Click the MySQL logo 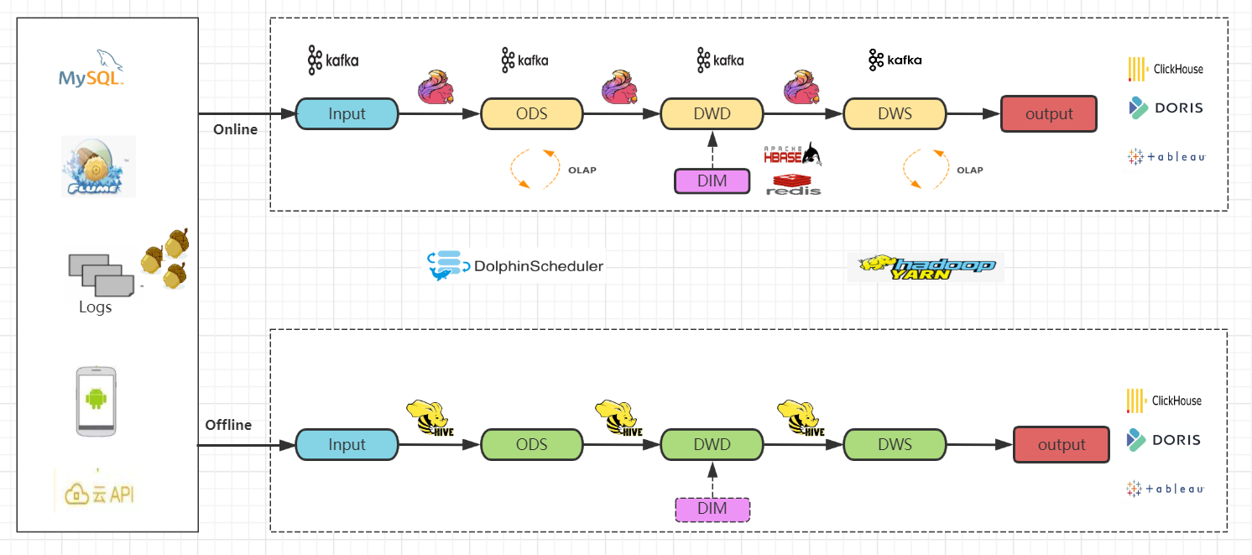91,69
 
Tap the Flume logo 98,167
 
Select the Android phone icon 97,401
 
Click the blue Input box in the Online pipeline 347,113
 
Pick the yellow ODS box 531,113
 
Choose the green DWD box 712,445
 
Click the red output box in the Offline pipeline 1062,445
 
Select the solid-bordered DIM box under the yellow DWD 712,181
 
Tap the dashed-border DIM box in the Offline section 712,509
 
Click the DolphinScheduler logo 515,265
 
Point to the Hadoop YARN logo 926,267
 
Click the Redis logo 793,185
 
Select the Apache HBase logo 792,154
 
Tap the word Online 235,129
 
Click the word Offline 228,425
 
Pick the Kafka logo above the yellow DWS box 895,60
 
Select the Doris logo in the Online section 1166,107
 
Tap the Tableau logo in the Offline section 1165,489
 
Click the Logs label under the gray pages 95,307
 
